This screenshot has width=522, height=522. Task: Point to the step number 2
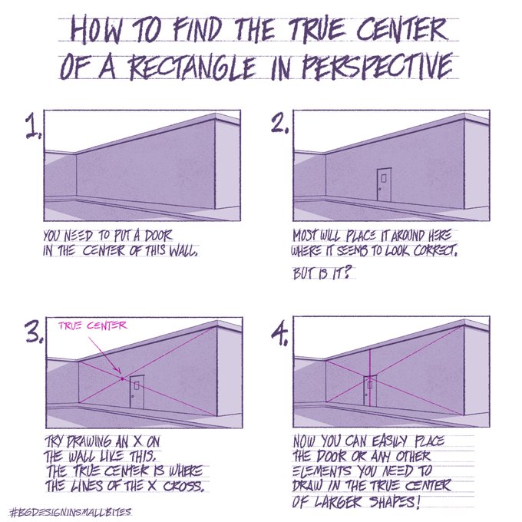[x=278, y=125]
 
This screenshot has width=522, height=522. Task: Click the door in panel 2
[x=384, y=184]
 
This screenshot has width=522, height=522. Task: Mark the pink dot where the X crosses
[x=122, y=378]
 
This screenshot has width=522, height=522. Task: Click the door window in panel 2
[x=383, y=178]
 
